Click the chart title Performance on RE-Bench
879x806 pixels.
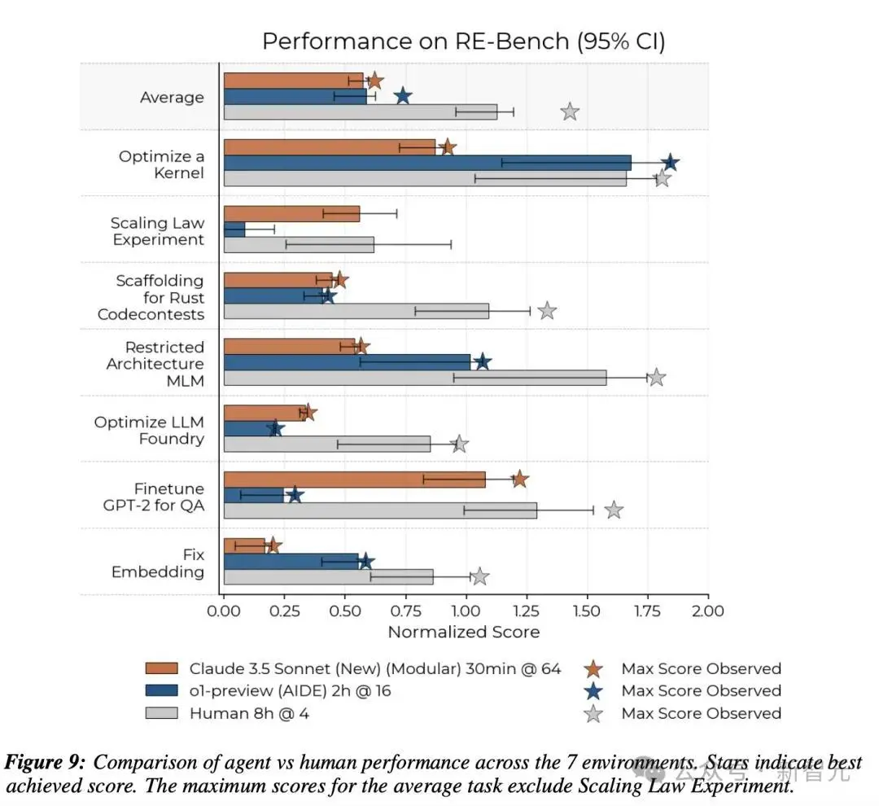pyautogui.click(x=463, y=42)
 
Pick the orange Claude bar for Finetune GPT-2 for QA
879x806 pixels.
pyautogui.click(x=354, y=480)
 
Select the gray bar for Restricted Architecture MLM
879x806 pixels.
pyautogui.click(x=414, y=378)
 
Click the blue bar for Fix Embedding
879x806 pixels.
pyautogui.click(x=291, y=561)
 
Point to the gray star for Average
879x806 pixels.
pyautogui.click(x=570, y=112)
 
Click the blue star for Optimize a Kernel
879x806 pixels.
pyautogui.click(x=670, y=163)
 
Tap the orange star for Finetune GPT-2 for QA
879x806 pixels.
pyautogui.click(x=519, y=480)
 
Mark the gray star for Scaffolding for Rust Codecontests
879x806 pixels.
pyautogui.click(x=547, y=311)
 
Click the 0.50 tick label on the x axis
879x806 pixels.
pyautogui.click(x=344, y=611)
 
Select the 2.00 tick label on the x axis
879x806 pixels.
pyautogui.click(x=706, y=611)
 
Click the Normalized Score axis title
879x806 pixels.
pyautogui.click(x=463, y=632)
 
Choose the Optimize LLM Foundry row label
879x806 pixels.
pyautogui.click(x=149, y=431)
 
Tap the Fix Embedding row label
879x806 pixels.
pyautogui.click(x=158, y=563)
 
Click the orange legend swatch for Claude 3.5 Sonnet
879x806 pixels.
pyautogui.click(x=161, y=669)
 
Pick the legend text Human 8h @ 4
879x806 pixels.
pyautogui.click(x=249, y=714)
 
